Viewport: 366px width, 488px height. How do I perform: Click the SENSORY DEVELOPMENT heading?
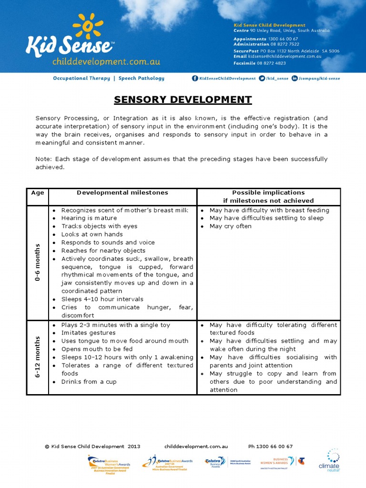coord(183,100)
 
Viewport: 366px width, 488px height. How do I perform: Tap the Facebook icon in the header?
coord(194,79)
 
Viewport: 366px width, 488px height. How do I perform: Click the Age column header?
coord(38,193)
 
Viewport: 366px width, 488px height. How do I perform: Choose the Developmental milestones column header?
coord(122,193)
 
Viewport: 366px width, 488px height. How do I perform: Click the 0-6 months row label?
coord(38,262)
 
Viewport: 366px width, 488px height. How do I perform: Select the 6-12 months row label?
coord(38,357)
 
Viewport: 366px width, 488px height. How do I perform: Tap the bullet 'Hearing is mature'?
coord(89,218)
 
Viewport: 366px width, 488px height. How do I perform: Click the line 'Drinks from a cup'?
coord(89,382)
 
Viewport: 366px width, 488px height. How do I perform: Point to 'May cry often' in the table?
coord(230,226)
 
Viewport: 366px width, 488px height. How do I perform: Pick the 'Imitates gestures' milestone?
coord(88,333)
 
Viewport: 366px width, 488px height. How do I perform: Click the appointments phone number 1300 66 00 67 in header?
coord(283,39)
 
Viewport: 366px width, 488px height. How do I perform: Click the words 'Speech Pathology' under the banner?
coord(141,78)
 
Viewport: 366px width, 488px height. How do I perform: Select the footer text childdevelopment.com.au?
coord(196,447)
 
